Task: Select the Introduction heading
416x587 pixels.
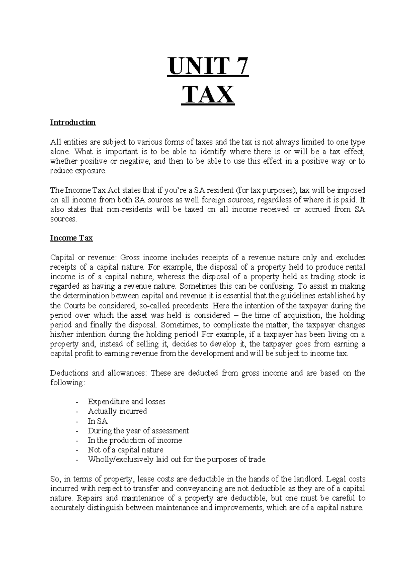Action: (73, 123)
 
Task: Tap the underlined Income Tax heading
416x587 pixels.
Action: (71, 238)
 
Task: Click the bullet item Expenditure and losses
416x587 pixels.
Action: (126, 401)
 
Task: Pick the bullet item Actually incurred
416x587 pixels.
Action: (117, 411)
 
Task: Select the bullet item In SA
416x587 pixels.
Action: (97, 421)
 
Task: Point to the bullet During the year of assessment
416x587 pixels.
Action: (138, 431)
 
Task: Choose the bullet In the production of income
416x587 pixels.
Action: (135, 440)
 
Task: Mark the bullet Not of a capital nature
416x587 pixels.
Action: (125, 450)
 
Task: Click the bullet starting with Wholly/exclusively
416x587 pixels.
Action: (177, 460)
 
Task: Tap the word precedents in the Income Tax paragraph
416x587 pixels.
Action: (191, 306)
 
